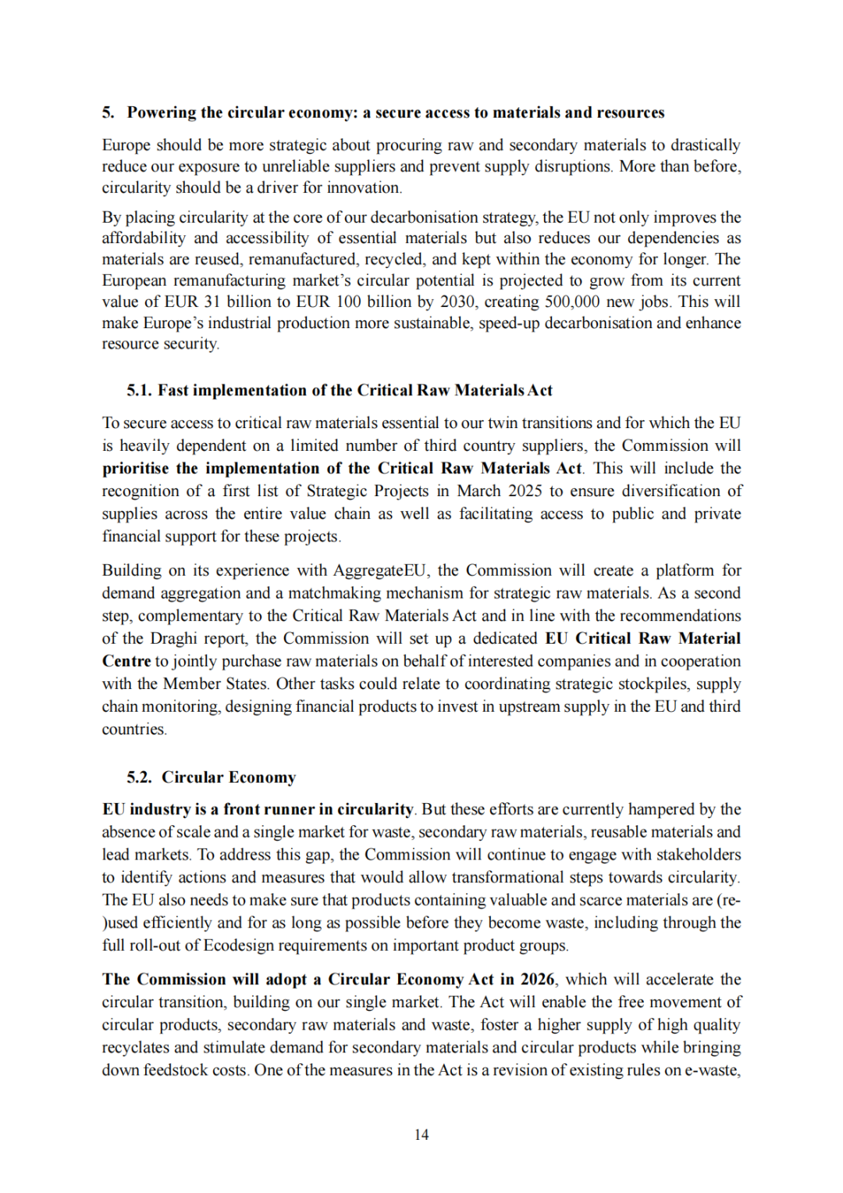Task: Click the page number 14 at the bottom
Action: (421, 1134)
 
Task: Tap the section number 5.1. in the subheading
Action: (140, 391)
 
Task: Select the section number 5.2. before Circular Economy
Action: (140, 777)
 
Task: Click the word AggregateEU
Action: (379, 570)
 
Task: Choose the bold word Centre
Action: (126, 661)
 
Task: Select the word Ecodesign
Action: (241, 945)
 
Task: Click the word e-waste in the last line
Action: (712, 1070)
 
